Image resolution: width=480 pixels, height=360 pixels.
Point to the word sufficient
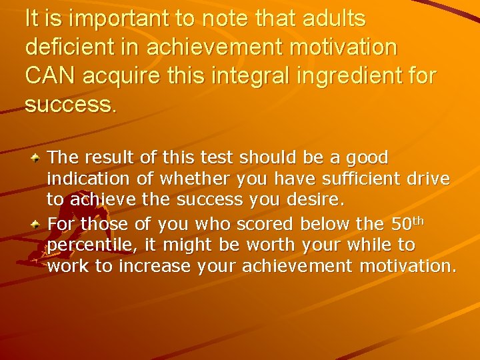(x=359, y=179)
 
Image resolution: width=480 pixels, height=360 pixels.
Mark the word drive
(x=429, y=179)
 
